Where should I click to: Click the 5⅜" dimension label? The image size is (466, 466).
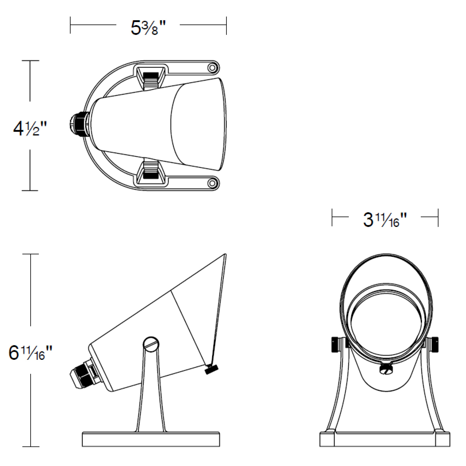[x=148, y=28]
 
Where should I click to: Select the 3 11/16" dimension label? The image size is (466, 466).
[x=384, y=220]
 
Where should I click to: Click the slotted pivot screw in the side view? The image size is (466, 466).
[x=151, y=344]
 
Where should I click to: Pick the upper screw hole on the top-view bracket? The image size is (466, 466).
[x=212, y=68]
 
